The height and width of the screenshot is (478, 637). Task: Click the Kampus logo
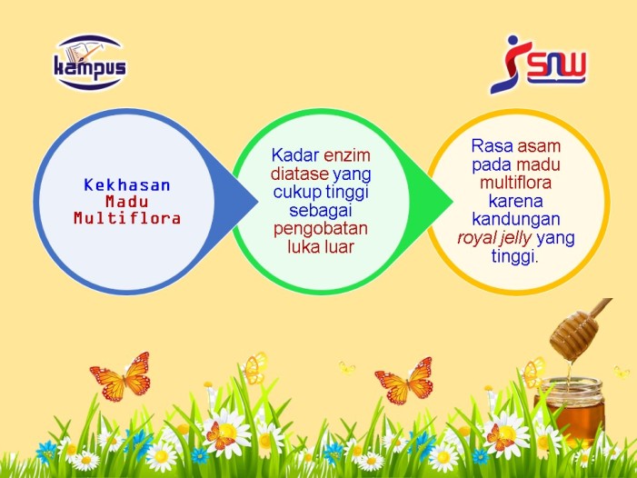coord(90,63)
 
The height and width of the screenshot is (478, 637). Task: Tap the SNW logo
coord(538,65)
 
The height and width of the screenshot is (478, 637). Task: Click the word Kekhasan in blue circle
coord(126,185)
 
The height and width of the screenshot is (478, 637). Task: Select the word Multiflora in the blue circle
coord(126,218)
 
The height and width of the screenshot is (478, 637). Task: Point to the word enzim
coord(347,155)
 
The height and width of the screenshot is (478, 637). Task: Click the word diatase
coord(300,174)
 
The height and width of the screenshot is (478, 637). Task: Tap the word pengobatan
coord(321,229)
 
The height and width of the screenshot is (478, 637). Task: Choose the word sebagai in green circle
coord(321,211)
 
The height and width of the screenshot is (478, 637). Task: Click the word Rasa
coord(493,145)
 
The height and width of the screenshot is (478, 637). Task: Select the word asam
coord(539,146)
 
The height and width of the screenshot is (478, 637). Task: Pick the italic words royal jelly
coord(494,238)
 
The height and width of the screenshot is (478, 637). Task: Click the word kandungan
coord(516,219)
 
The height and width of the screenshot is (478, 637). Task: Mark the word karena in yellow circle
coord(515,201)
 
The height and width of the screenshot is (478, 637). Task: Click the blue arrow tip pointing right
coord(257,201)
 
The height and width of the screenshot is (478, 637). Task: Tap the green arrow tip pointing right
coord(453,201)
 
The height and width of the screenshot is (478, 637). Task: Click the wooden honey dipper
coord(580,329)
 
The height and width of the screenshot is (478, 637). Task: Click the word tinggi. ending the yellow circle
coord(514,256)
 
